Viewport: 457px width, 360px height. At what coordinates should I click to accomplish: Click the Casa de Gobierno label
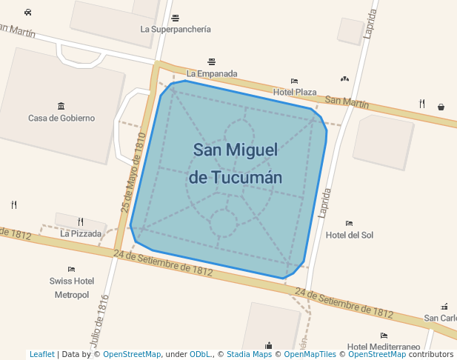point(61,118)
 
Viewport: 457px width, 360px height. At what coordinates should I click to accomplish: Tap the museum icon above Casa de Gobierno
point(61,106)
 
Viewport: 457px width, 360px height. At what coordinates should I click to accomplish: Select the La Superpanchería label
point(176,30)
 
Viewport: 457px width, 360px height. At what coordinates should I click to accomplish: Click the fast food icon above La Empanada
point(212,61)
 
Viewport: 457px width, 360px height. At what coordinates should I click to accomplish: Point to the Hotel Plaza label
point(295,92)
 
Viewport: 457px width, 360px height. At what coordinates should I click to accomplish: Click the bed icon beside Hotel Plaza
point(294,81)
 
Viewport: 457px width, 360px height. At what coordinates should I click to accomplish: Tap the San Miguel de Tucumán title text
point(236,164)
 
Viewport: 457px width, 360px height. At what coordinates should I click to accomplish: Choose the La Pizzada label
point(81,233)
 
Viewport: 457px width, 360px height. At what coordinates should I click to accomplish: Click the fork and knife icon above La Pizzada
point(81,221)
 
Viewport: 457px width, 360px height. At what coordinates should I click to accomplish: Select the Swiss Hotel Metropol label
point(72,287)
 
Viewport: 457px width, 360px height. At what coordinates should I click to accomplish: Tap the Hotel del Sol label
point(350,235)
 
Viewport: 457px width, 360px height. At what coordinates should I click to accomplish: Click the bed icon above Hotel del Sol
point(349,223)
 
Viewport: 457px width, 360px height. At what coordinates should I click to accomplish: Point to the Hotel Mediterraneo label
point(383,347)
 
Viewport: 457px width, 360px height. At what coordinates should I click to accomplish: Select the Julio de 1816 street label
point(99,320)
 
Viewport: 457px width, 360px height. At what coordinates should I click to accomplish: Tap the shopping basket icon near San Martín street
point(441,107)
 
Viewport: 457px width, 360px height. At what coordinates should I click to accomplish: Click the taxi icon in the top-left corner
point(27,12)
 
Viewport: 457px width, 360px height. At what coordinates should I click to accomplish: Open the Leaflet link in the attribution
point(41,355)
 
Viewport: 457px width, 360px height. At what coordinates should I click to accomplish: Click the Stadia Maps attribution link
point(249,355)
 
